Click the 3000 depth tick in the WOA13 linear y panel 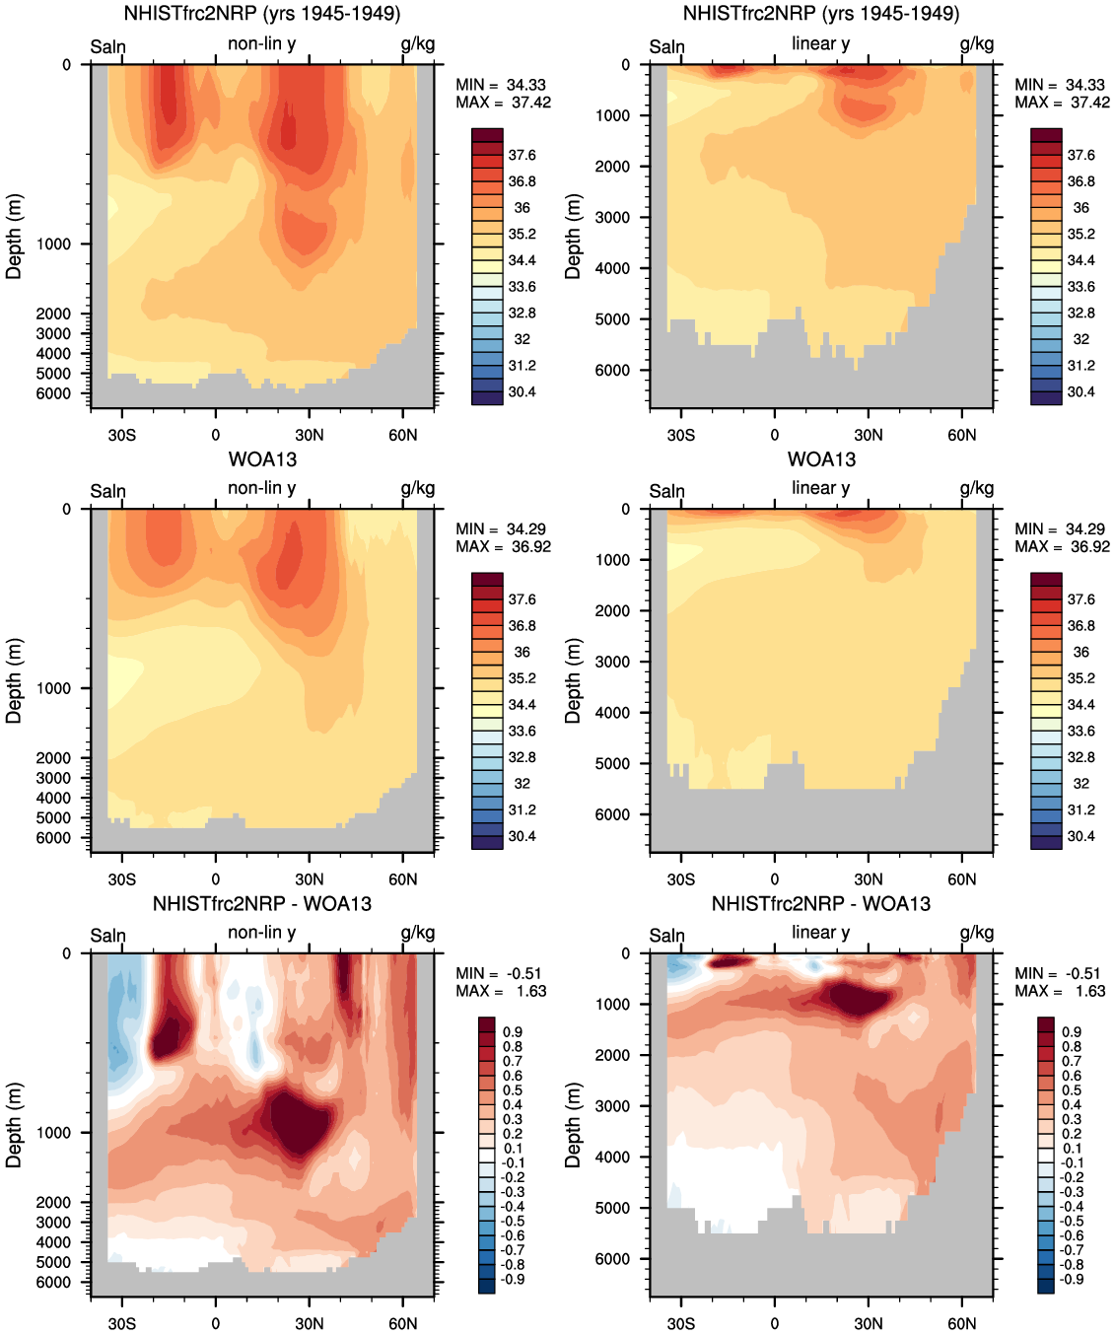(611, 662)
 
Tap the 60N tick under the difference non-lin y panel (402, 1323)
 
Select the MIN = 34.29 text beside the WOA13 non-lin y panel (500, 529)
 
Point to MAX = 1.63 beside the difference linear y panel (1060, 991)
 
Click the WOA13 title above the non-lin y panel (262, 459)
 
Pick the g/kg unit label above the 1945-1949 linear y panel (976, 43)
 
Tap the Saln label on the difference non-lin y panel (108, 936)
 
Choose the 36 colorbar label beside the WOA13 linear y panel (1080, 652)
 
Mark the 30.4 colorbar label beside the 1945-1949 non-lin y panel (522, 391)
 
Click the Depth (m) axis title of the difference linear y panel (573, 1125)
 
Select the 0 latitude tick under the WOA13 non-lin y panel (215, 879)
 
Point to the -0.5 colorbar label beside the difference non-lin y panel (514, 1221)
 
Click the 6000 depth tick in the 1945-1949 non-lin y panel (53, 393)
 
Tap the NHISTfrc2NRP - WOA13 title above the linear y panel (820, 904)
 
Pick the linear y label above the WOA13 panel (820, 488)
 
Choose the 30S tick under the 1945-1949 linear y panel (680, 435)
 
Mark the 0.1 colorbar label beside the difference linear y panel (1072, 1148)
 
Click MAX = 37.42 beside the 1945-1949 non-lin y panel (503, 103)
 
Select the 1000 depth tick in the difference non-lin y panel (53, 1133)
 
